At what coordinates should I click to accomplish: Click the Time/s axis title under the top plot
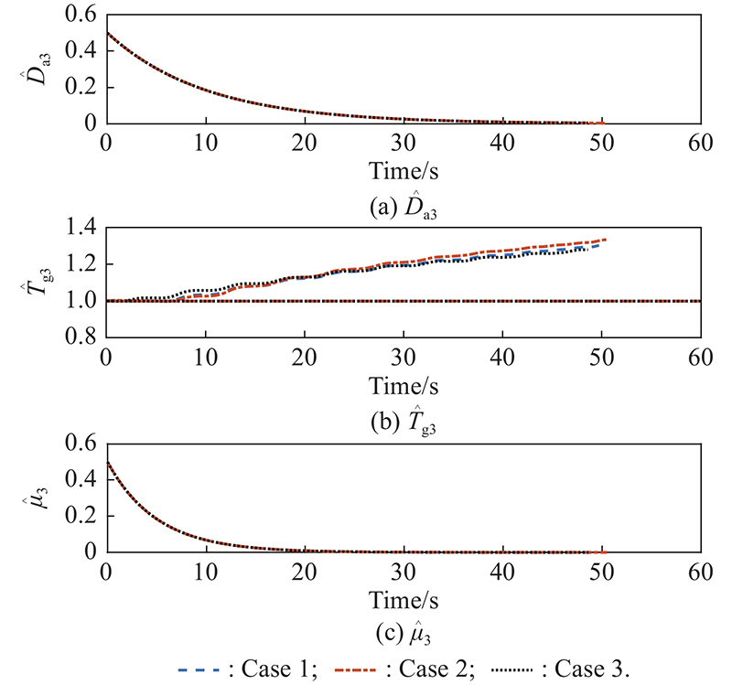click(404, 171)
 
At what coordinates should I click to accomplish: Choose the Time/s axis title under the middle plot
click(404, 385)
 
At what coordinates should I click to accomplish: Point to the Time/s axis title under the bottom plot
click(404, 600)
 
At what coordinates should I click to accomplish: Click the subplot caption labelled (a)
click(404, 203)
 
